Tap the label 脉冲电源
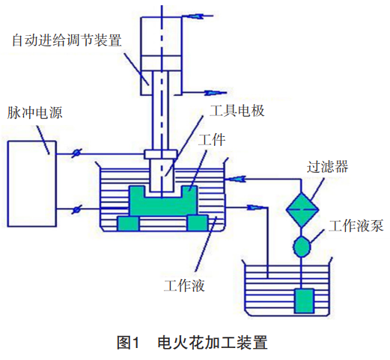(x=34, y=113)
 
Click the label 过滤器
(x=327, y=165)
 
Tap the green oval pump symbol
(x=302, y=245)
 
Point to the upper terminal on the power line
(x=75, y=155)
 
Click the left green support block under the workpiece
(x=128, y=223)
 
